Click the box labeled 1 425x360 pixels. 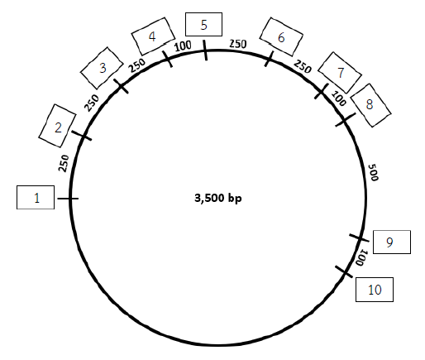point(36,198)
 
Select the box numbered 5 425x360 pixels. point(203,24)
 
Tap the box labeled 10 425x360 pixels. point(375,290)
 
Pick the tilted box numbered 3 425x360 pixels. point(102,68)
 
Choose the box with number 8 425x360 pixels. point(370,105)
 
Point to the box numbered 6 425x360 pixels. point(281,37)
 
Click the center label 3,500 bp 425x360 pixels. point(218,199)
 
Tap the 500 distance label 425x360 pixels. point(373,172)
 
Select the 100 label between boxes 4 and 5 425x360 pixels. point(183,46)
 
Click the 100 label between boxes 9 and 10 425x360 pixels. point(361,257)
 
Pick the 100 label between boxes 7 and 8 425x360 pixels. point(338,98)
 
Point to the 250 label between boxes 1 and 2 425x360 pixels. point(64,163)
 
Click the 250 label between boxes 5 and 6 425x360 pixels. point(238,44)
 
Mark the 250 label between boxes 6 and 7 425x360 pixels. point(303,67)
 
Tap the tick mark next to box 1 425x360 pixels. point(68,199)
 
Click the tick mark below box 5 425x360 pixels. point(205,50)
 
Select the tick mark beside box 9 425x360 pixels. point(359,238)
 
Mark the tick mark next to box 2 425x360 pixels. point(82,136)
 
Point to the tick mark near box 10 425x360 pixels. point(344,271)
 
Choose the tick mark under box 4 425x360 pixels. point(167,59)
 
